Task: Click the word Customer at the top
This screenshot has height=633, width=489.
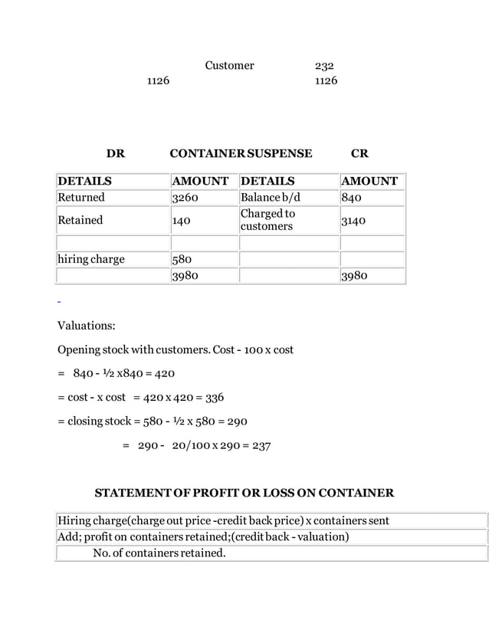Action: pos(229,66)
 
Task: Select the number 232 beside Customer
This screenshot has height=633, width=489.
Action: pos(324,66)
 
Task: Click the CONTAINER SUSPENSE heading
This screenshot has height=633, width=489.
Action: pos(241,153)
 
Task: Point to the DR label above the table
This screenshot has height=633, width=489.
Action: pos(116,153)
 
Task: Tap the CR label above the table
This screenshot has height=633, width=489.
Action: pos(359,153)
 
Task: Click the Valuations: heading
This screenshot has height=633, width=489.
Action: pos(87,326)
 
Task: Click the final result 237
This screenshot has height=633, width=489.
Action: pos(261,445)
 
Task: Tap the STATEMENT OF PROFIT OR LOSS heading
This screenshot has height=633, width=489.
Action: pos(244,492)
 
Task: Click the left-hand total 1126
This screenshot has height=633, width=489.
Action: pos(158,80)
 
